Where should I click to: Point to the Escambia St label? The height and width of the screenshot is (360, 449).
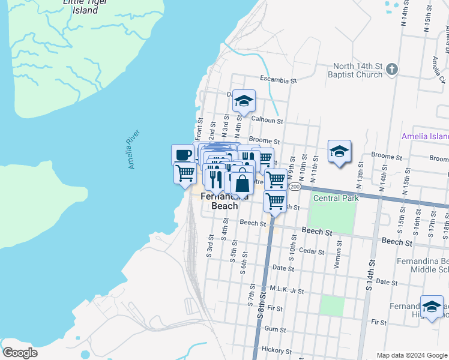click(279, 79)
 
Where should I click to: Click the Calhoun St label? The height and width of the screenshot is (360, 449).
click(267, 120)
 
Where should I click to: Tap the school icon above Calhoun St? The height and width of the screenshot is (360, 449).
click(244, 101)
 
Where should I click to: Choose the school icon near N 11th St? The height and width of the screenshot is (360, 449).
click(339, 152)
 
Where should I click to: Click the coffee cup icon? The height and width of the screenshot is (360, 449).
click(184, 154)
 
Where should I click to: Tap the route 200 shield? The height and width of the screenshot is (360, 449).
click(294, 187)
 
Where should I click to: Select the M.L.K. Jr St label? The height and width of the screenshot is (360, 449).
click(287, 290)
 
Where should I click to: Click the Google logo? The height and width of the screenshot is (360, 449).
click(20, 353)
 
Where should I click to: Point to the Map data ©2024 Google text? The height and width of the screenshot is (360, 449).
click(411, 355)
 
